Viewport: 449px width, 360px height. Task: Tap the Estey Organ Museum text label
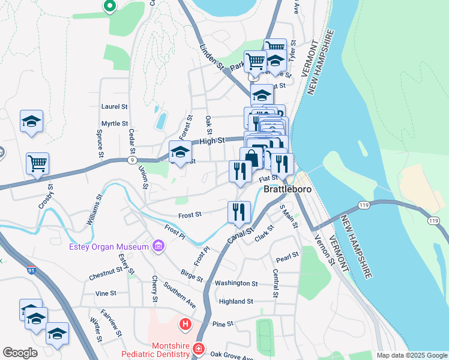click(109, 247)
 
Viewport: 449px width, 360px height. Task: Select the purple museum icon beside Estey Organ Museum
click(158, 245)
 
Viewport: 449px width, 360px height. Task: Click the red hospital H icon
click(185, 325)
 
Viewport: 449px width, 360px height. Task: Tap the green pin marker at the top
click(109, 6)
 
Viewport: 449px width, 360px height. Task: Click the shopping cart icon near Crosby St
click(37, 163)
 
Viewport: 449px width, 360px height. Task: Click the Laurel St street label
click(115, 106)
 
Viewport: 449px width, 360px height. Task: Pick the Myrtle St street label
click(115, 124)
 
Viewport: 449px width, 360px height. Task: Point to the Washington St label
click(236, 283)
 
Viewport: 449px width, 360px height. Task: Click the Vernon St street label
click(325, 250)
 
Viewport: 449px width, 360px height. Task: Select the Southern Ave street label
click(179, 295)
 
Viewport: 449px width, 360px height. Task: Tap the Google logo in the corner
click(20, 353)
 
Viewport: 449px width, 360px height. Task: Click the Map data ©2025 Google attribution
click(412, 355)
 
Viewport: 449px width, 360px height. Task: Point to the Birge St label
click(191, 275)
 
